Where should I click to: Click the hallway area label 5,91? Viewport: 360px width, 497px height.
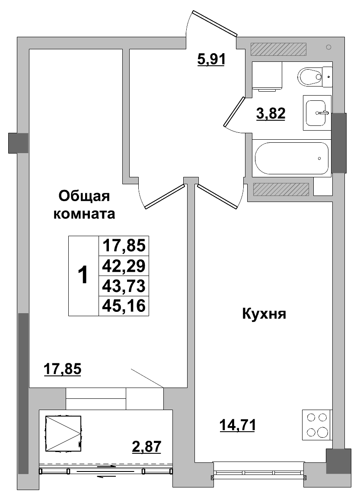211,59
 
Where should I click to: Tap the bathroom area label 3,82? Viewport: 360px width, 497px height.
271,114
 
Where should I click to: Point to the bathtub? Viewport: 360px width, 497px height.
292,158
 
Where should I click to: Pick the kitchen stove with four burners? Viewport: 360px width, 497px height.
317,425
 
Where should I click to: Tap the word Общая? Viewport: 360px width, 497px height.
85,196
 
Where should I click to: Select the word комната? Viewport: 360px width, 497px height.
84,214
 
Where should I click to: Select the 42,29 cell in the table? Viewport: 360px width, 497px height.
124,265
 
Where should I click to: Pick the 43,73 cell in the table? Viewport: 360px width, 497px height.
124,286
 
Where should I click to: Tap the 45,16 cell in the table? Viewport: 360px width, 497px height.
124,306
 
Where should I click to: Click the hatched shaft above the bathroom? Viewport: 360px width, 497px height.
278,49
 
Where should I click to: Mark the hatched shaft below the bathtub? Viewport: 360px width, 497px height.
281,189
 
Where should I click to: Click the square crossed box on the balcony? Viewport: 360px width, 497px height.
63,434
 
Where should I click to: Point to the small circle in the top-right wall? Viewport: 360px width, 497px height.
329,47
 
